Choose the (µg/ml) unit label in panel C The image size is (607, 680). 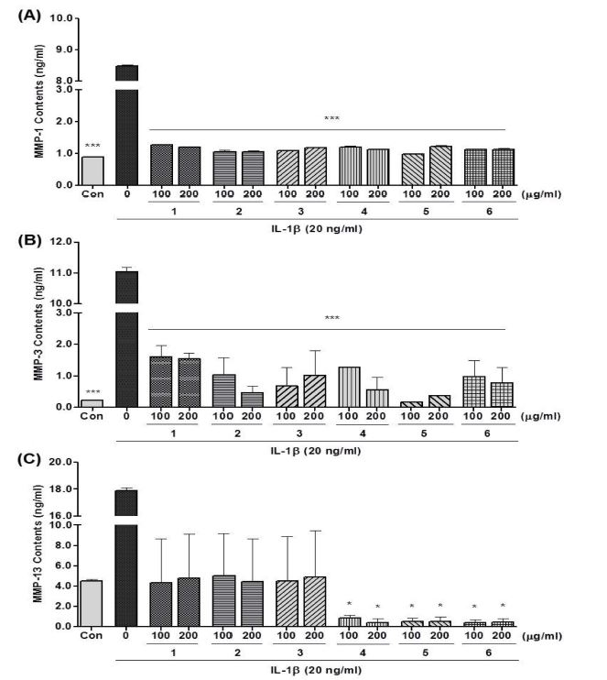coord(543,635)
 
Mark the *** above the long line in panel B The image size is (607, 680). coord(331,319)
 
